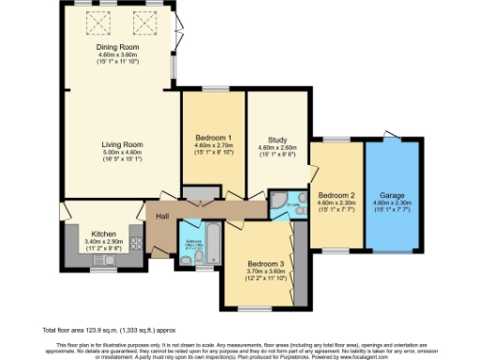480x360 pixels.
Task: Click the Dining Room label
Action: coord(118,47)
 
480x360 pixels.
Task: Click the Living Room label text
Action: coord(121,144)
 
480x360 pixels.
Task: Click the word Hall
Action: coord(162,216)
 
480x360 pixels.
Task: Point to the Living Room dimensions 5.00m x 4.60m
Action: coord(121,153)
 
